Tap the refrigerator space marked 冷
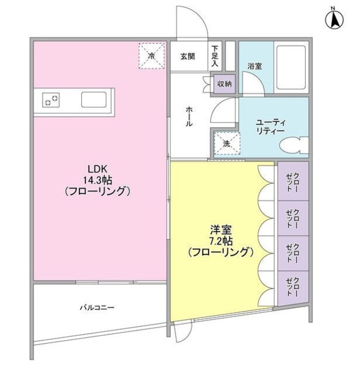click(151, 56)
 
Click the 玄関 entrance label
click(188, 56)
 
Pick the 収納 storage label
click(225, 83)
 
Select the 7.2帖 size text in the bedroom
click(220, 240)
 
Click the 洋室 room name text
click(220, 229)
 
